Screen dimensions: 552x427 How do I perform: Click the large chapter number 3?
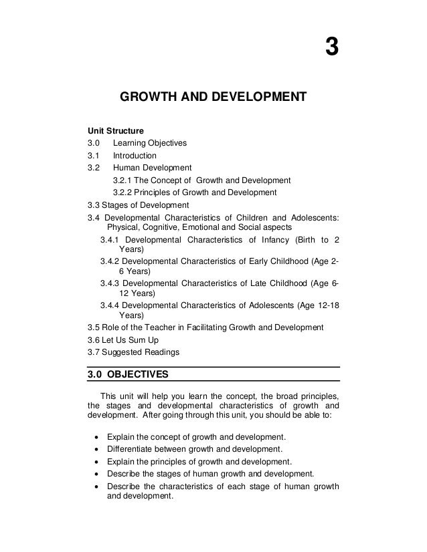pos(331,48)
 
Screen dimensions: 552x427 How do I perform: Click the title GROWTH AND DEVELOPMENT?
pos(212,100)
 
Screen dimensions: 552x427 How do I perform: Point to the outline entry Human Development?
pos(152,168)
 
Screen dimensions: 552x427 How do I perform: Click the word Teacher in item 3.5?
pos(161,327)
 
